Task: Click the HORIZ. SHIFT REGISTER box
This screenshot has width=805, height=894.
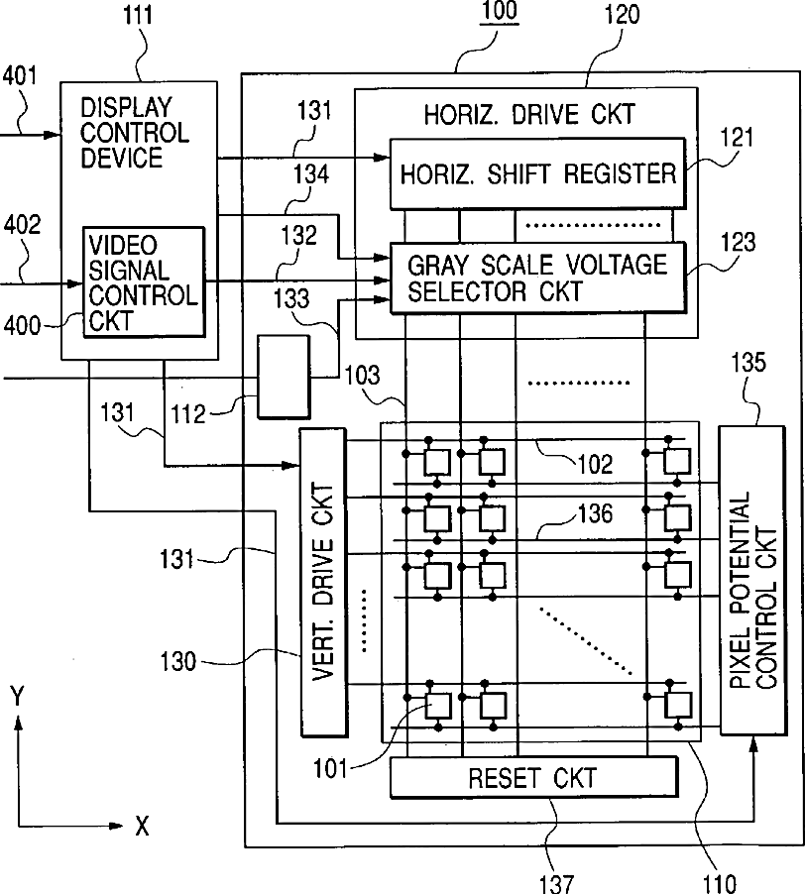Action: (x=537, y=173)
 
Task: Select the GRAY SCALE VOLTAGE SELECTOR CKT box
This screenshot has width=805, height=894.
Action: (x=537, y=278)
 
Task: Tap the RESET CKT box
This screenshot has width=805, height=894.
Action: (x=534, y=776)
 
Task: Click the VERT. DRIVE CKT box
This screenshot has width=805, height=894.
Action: (x=323, y=582)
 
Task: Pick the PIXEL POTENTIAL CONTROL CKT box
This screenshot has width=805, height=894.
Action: (x=752, y=580)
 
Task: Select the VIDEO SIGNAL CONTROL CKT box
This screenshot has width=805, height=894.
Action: (x=144, y=282)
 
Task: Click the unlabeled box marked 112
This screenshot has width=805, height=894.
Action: (x=284, y=377)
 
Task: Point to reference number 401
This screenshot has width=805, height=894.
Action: (x=20, y=75)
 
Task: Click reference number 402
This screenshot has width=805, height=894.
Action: (x=22, y=225)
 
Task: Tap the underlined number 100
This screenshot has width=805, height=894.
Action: (x=500, y=12)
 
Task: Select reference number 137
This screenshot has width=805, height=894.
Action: (x=556, y=883)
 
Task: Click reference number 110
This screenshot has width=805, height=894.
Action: (x=720, y=883)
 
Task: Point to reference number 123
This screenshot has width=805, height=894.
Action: (x=738, y=242)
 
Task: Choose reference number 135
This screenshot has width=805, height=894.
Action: (x=748, y=363)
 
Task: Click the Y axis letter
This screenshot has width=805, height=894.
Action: (x=18, y=697)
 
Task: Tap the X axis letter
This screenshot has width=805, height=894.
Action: (x=142, y=826)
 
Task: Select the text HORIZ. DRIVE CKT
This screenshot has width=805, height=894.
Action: (x=529, y=115)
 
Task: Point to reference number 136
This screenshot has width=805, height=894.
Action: (x=595, y=513)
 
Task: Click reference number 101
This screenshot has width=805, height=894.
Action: (x=330, y=769)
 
